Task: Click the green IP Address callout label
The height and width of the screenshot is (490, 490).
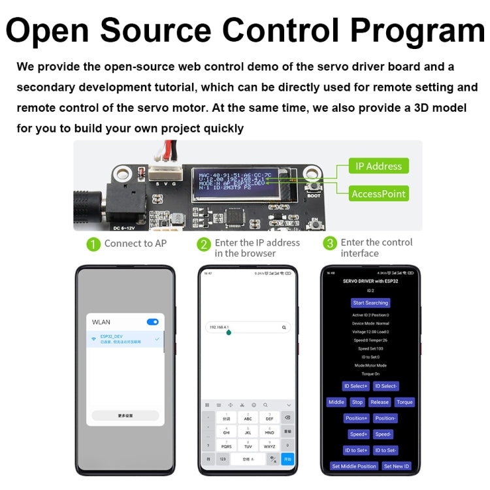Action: point(378,166)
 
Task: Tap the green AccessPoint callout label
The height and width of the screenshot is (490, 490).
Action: point(378,193)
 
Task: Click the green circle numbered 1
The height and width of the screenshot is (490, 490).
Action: point(94,244)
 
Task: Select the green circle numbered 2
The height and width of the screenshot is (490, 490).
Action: point(204,244)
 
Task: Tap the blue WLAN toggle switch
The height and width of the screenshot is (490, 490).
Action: point(153,322)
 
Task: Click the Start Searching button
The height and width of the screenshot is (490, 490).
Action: point(370,302)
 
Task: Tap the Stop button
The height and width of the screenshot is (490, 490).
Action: point(357,402)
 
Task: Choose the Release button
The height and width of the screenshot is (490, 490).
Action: point(379,402)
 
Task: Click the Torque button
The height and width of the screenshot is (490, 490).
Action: point(404,402)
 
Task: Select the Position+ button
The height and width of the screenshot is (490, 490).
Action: point(357,418)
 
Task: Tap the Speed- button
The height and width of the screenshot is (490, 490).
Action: point(384,434)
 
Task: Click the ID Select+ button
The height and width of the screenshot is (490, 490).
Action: point(356,386)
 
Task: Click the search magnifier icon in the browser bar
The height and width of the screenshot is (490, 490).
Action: point(284,327)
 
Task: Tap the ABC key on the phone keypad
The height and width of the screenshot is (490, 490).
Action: point(248,417)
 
